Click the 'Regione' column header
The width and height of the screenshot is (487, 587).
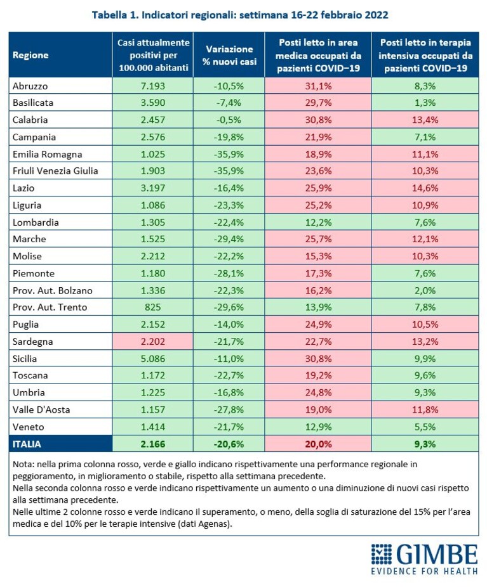(x=30, y=55)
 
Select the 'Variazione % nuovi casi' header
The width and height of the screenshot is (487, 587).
(x=229, y=55)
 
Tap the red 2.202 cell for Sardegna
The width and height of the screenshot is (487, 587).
(x=153, y=342)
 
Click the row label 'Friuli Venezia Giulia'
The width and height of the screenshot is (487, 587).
(x=55, y=171)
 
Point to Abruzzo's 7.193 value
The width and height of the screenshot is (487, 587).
(x=153, y=86)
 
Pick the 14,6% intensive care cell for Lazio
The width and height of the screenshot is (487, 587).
(x=425, y=188)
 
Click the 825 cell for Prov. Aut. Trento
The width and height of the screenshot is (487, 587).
(x=153, y=307)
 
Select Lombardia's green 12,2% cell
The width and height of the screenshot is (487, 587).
(x=318, y=223)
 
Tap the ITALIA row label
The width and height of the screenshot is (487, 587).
(x=27, y=444)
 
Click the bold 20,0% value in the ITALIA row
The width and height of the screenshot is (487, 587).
(x=318, y=444)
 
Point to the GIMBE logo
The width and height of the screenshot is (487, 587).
(x=424, y=559)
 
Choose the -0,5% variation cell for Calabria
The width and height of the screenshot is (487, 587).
(x=229, y=120)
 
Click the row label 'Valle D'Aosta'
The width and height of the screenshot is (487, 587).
(x=41, y=410)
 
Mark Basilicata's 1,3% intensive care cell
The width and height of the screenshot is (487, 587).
(x=425, y=103)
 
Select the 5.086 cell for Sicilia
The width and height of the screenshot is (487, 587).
(x=153, y=359)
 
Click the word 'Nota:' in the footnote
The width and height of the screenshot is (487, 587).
(x=24, y=464)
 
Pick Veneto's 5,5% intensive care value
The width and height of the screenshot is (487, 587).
(x=425, y=427)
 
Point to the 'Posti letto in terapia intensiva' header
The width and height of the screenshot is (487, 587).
(x=425, y=55)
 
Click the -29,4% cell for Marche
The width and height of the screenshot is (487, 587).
(x=229, y=239)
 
